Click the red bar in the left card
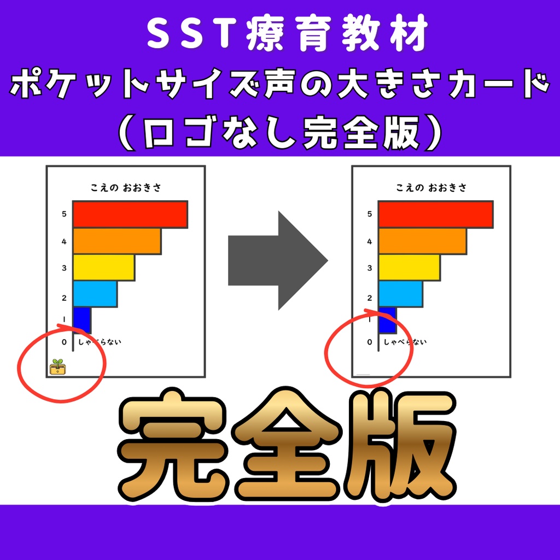(130, 214)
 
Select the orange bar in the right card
(422, 241)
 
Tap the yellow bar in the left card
(103, 268)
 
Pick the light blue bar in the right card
(400, 294)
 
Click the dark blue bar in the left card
(81, 320)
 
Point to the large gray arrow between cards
(277, 261)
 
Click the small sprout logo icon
(57, 367)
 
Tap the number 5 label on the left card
(64, 214)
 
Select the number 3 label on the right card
(370, 268)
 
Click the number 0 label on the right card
(370, 342)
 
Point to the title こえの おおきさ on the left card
(126, 188)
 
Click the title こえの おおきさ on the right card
(431, 188)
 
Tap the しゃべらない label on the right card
(405, 342)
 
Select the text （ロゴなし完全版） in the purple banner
(280, 132)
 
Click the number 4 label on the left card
(64, 241)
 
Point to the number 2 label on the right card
(370, 298)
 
